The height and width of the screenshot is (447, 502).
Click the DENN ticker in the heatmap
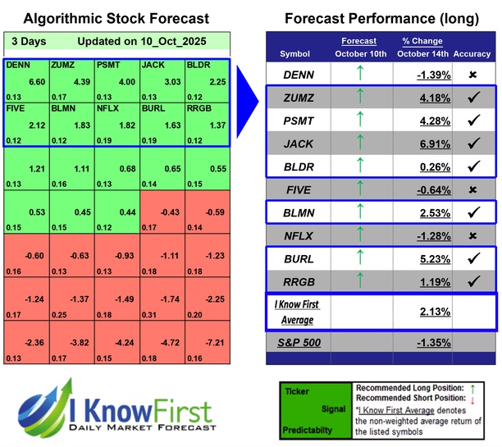(x=17, y=63)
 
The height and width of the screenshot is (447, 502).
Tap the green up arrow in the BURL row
(x=360, y=258)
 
